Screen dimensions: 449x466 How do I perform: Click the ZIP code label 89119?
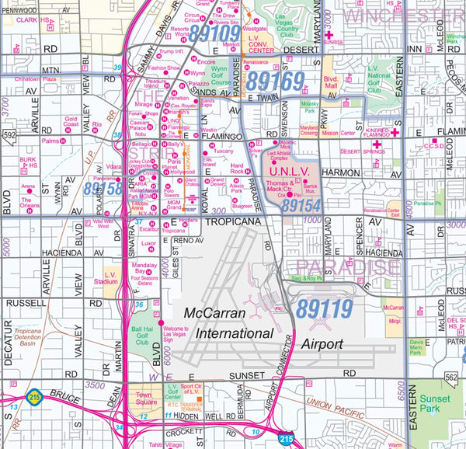(x=324, y=309)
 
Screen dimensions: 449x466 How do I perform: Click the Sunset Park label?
(x=434, y=402)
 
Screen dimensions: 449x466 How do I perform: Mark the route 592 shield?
(x=9, y=134)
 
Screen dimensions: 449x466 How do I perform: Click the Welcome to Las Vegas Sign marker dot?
(x=161, y=322)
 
